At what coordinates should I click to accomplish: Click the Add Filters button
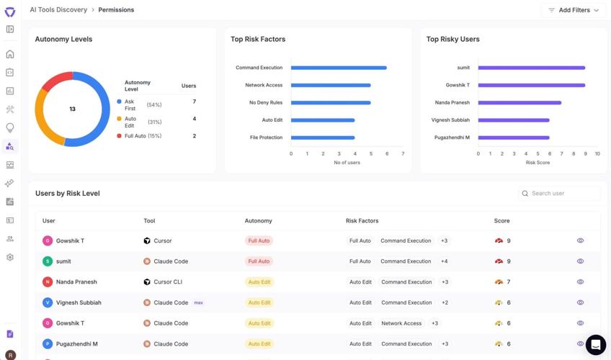pyautogui.click(x=574, y=10)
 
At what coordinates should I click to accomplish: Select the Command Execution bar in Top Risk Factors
pyautogui.click(x=339, y=68)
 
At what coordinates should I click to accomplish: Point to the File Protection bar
pyautogui.click(x=323, y=138)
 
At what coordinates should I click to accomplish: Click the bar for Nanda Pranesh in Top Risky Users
pyautogui.click(x=519, y=103)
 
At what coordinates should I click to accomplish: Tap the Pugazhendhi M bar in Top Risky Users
pyautogui.click(x=514, y=138)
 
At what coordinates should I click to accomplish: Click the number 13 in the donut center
pyautogui.click(x=72, y=109)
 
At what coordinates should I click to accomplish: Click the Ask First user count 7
pyautogui.click(x=195, y=102)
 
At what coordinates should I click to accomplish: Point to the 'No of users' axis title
pyautogui.click(x=347, y=163)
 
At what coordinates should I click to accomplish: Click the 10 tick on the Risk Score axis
pyautogui.click(x=597, y=153)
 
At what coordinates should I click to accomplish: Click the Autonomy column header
pyautogui.click(x=258, y=221)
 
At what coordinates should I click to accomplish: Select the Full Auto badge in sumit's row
pyautogui.click(x=259, y=261)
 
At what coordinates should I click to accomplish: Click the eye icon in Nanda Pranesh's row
pyautogui.click(x=580, y=282)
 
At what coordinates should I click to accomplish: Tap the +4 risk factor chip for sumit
pyautogui.click(x=445, y=261)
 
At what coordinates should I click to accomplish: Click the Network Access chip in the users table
pyautogui.click(x=401, y=323)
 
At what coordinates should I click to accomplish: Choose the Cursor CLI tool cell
pyautogui.click(x=167, y=282)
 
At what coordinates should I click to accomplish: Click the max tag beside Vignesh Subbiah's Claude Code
pyautogui.click(x=198, y=302)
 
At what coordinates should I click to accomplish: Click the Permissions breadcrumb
pyautogui.click(x=116, y=10)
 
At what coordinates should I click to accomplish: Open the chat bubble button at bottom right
pyautogui.click(x=595, y=345)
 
